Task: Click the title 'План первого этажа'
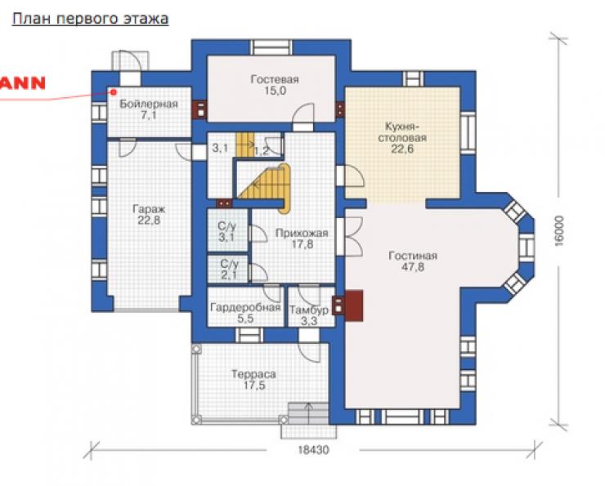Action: click(90, 19)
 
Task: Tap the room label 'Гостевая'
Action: click(275, 79)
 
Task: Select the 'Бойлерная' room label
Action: click(149, 104)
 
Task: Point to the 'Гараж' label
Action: click(149, 209)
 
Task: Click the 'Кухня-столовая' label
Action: click(402, 132)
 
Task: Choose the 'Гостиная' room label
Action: click(413, 256)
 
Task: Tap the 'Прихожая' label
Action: click(302, 233)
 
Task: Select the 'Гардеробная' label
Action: click(245, 308)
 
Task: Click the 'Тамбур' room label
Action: click(309, 310)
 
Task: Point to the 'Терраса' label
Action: click(253, 374)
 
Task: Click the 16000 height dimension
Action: click(559, 230)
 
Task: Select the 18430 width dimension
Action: click(313, 450)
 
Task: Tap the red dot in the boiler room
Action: click(114, 92)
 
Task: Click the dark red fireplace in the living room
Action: click(354, 305)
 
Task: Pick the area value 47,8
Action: click(413, 267)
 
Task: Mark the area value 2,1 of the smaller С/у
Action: click(229, 274)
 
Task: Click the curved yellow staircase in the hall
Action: click(268, 185)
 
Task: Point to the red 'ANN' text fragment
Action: click(22, 83)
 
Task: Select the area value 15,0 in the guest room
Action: click(275, 91)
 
